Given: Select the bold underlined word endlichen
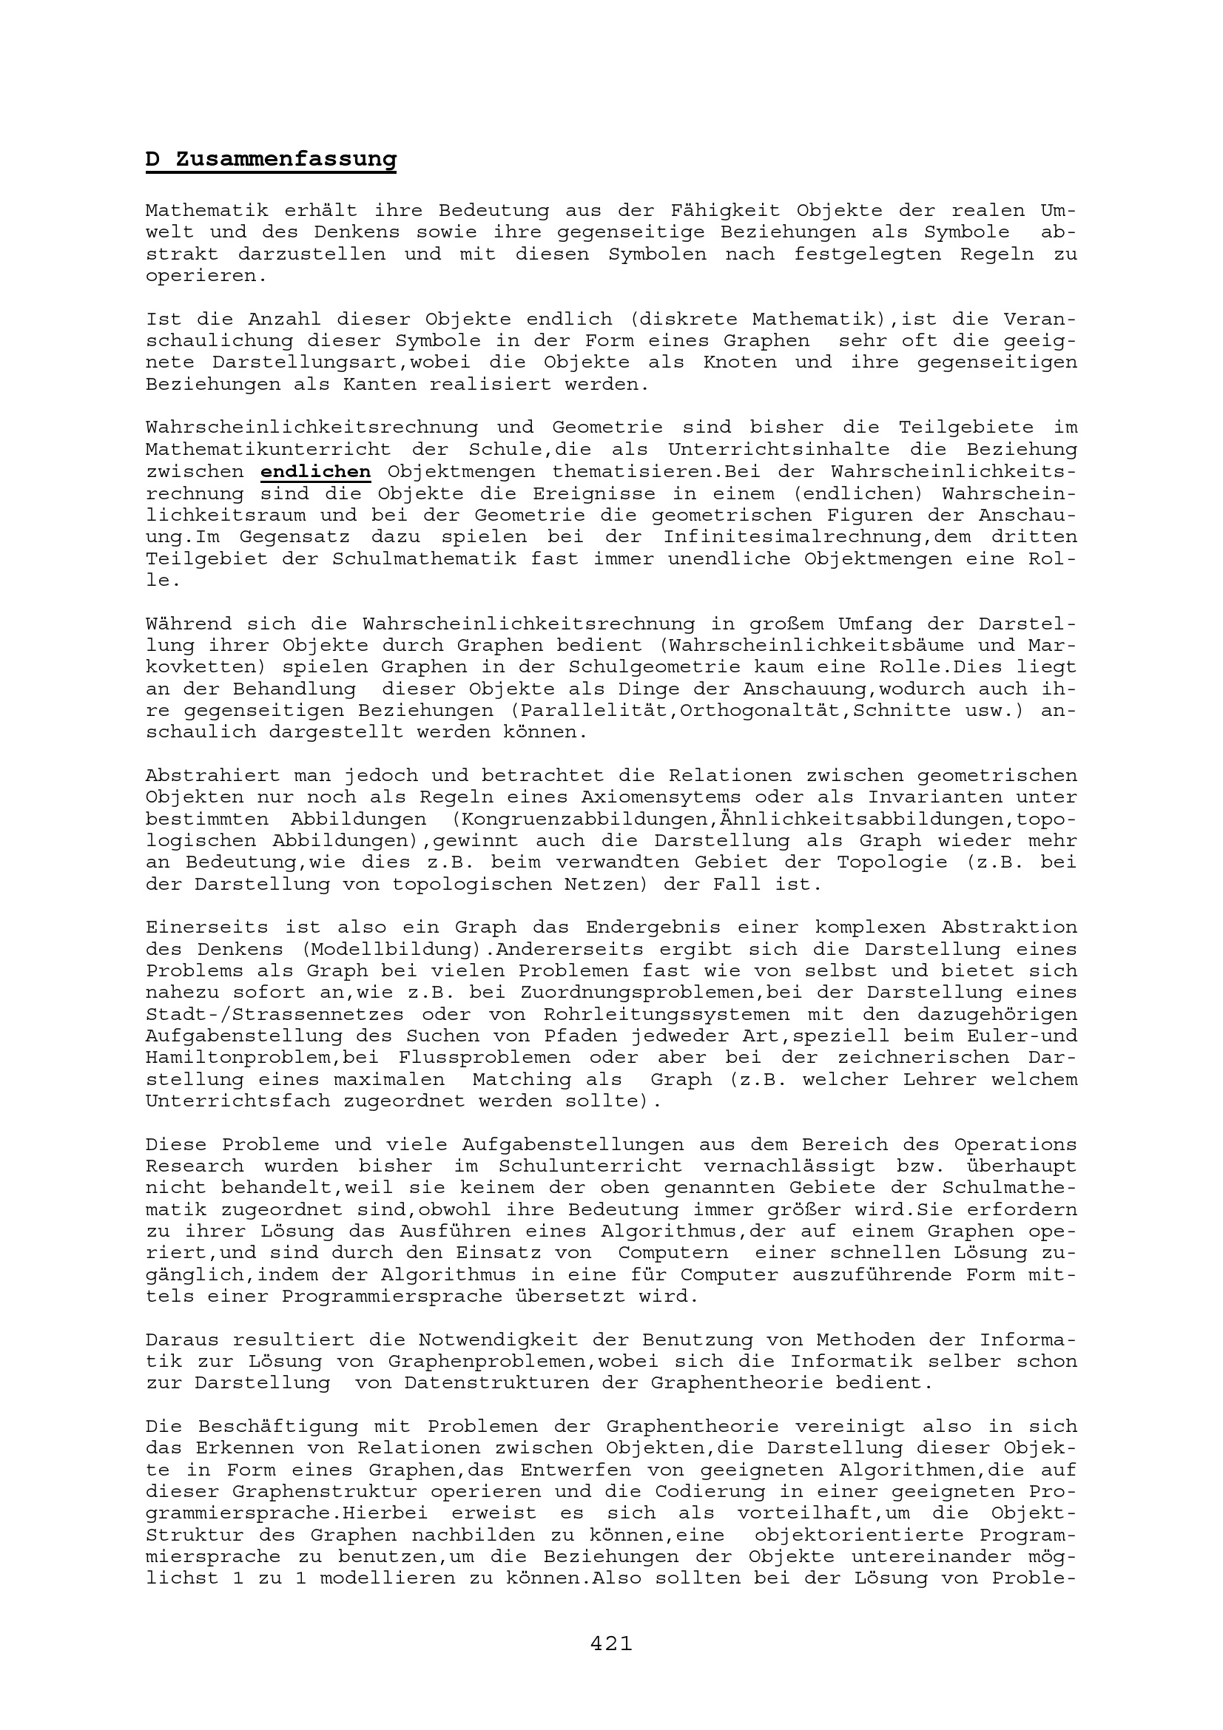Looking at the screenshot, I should pos(316,472).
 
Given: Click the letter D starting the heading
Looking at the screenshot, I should pos(153,160).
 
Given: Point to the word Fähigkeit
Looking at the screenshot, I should pos(721,211).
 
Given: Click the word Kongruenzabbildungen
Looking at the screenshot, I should pos(580,819).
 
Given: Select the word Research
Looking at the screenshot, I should pos(195,1166).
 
